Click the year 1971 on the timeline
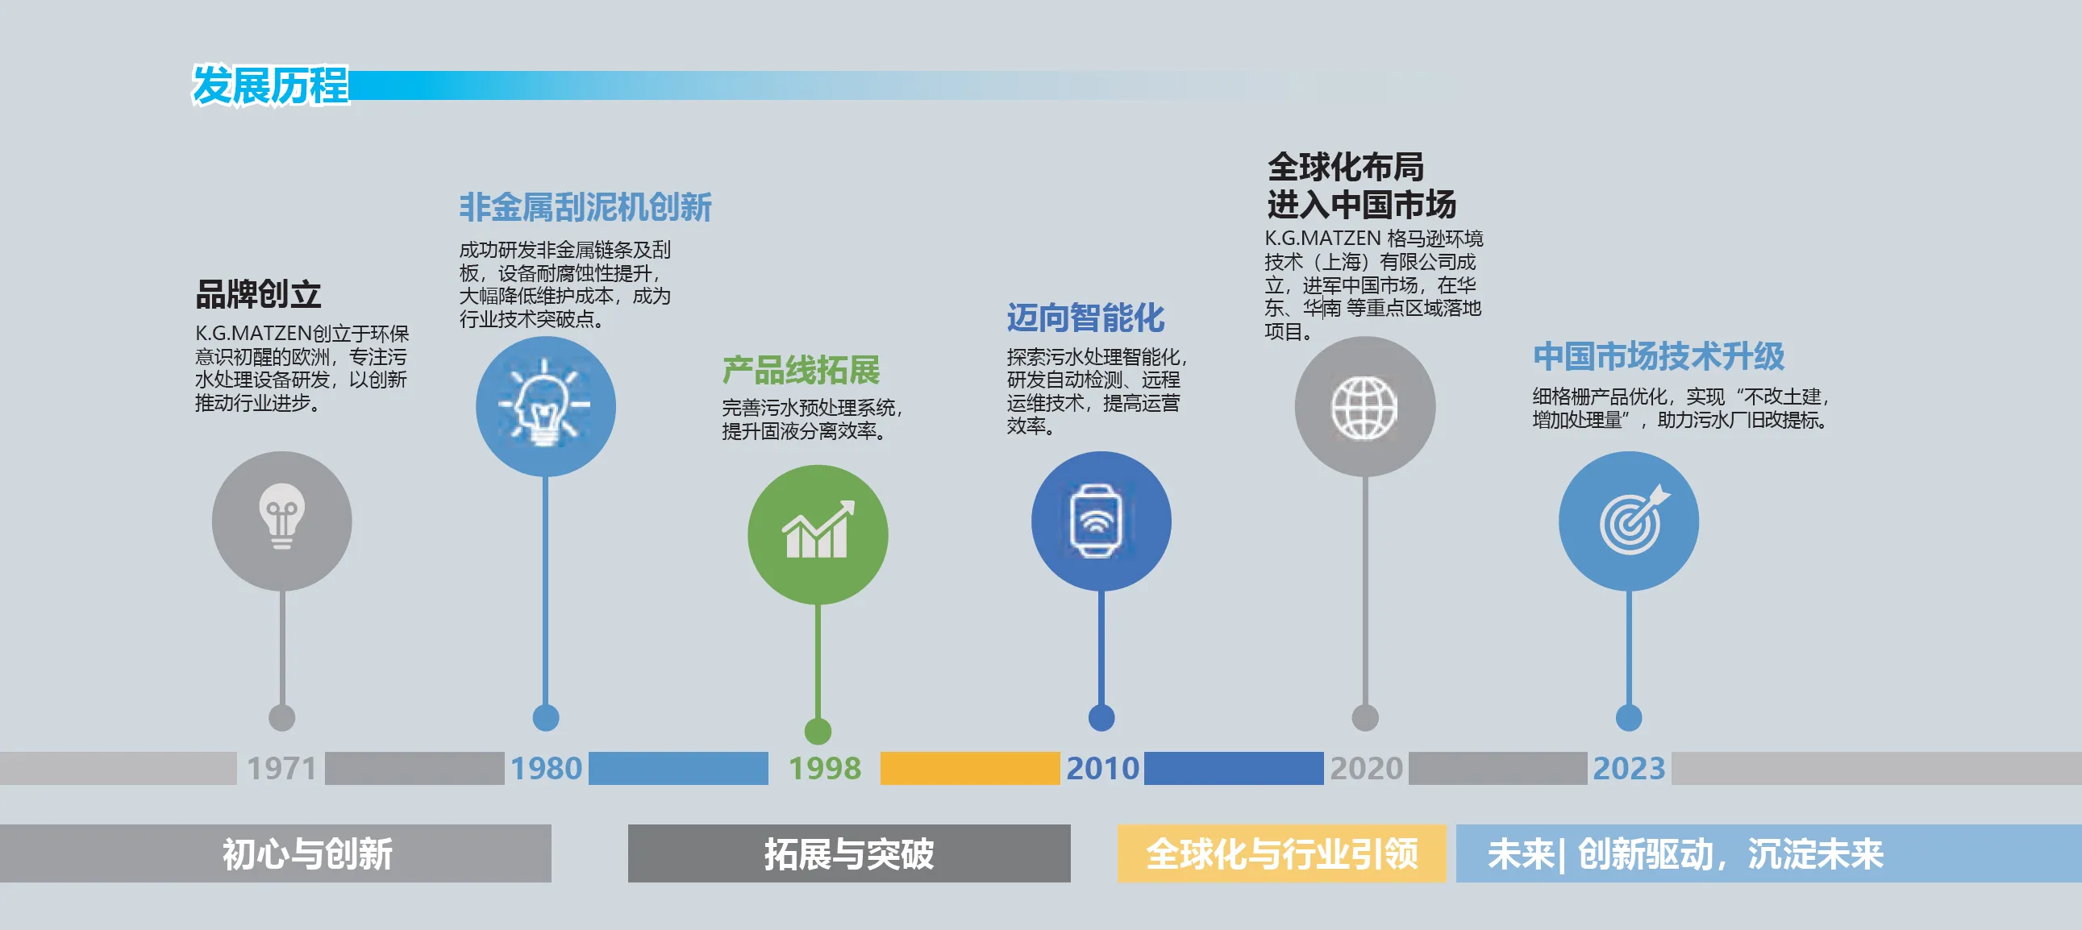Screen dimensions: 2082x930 pyautogui.click(x=281, y=767)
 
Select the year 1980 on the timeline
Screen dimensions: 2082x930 pyautogui.click(x=547, y=767)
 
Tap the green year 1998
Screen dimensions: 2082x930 pyautogui.click(x=824, y=767)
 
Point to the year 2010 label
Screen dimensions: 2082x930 pyautogui.click(x=1102, y=767)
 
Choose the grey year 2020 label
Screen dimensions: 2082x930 pyautogui.click(x=1366, y=767)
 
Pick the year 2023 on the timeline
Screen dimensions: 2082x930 pyautogui.click(x=1629, y=767)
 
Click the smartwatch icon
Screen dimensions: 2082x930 pyautogui.click(x=1095, y=521)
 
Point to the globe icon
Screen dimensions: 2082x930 pyautogui.click(x=1364, y=408)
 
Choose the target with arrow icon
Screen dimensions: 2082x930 pyautogui.click(x=1633, y=520)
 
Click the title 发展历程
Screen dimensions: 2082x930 pyautogui.click(x=270, y=85)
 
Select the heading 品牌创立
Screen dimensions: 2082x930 pyautogui.click(x=259, y=294)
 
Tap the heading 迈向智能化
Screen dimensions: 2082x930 pyautogui.click(x=1085, y=318)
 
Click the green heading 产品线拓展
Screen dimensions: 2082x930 pyautogui.click(x=801, y=370)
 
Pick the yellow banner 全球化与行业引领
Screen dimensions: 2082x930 pyautogui.click(x=1281, y=853)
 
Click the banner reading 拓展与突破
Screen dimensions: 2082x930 pyautogui.click(x=849, y=853)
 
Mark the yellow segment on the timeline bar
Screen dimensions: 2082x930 pyautogui.click(x=970, y=767)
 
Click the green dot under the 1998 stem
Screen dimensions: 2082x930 pyautogui.click(x=818, y=731)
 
